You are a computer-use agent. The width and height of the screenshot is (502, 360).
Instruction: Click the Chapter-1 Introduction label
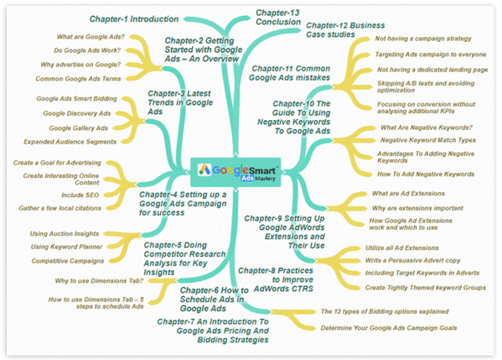point(133,19)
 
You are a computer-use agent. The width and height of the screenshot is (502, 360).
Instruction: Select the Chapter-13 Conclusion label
point(278,17)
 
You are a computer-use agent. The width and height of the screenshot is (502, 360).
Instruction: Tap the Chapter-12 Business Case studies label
point(345,30)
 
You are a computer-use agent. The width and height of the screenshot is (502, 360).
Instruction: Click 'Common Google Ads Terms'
point(78,79)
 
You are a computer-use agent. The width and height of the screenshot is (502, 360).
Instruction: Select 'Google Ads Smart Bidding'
point(76,99)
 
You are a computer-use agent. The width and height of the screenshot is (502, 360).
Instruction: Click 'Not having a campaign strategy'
point(423,39)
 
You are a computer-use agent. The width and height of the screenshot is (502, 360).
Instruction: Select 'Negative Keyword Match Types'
point(428,140)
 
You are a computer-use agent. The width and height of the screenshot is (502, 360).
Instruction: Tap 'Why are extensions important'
point(417,208)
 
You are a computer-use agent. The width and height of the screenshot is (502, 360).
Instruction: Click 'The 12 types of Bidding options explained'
point(384,312)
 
